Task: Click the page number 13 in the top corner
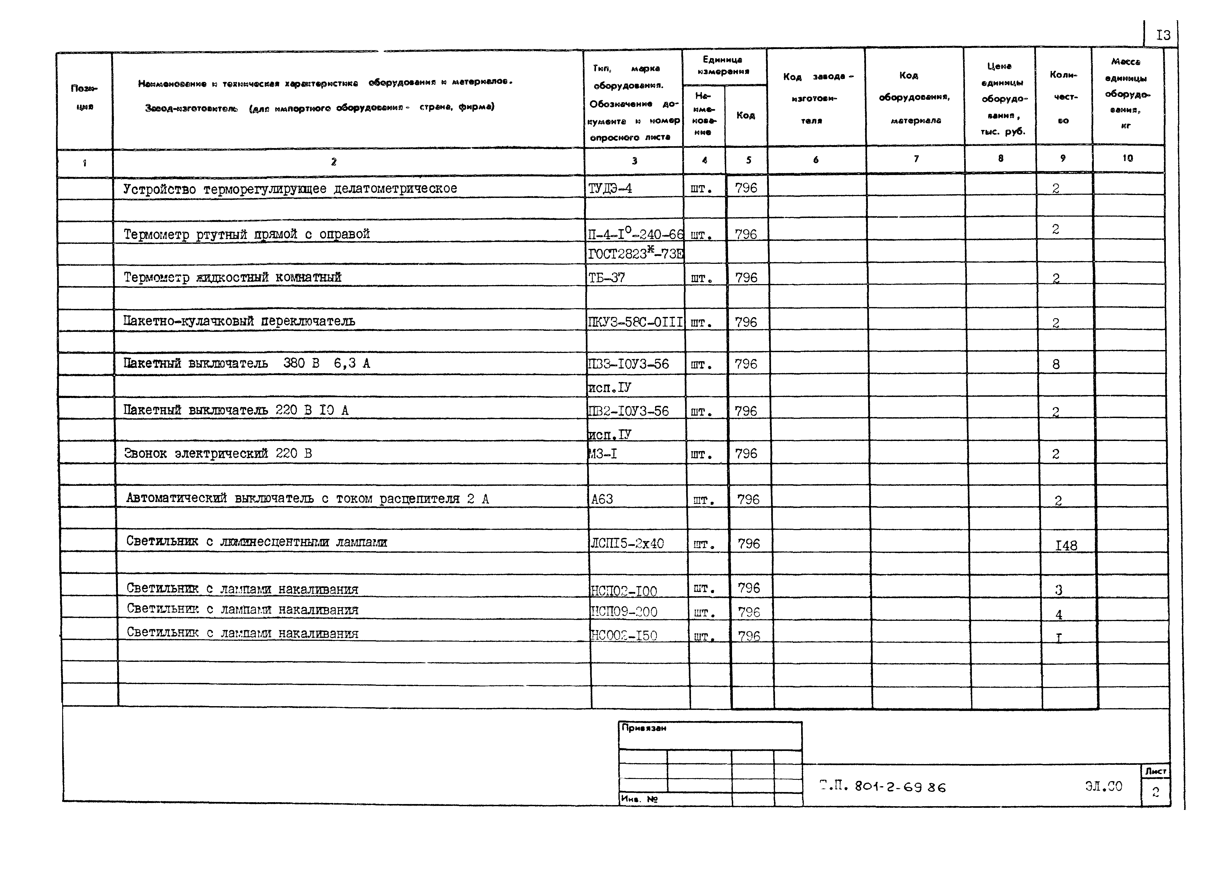[x=1163, y=35]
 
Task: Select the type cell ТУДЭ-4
[x=610, y=188]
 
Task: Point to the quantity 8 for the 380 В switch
[x=1055, y=364]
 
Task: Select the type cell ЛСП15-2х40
[x=627, y=544]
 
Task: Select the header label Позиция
[x=84, y=97]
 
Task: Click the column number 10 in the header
[x=1127, y=158]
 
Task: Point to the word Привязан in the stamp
[x=644, y=728]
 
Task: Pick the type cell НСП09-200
[x=623, y=612]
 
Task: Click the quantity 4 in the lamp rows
[x=1058, y=614]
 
